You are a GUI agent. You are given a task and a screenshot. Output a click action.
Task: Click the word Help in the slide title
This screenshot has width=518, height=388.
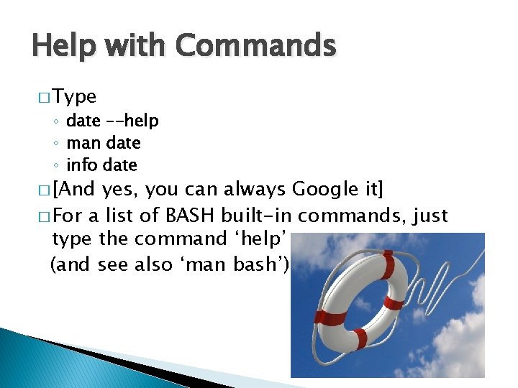63,47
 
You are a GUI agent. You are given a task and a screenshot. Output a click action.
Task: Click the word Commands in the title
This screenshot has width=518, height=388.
256,47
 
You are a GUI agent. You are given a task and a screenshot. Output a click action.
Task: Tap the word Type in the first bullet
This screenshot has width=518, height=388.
75,97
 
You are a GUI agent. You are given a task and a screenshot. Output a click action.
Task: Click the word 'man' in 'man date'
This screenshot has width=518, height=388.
83,143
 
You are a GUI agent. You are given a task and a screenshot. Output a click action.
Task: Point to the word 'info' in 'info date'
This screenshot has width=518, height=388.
82,165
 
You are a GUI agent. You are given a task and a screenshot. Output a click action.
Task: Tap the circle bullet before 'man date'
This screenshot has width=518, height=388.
57,144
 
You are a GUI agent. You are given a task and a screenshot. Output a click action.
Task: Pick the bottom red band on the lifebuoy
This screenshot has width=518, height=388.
360,337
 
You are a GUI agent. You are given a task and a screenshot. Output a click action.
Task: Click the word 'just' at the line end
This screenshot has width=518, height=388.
430,216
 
